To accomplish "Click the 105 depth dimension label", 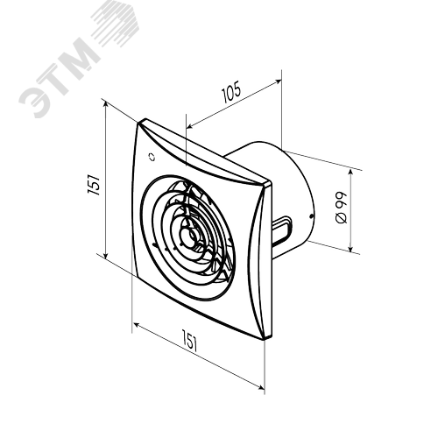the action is click(232, 92).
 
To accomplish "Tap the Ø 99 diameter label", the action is click(342, 208).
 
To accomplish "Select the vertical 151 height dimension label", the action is click(94, 185).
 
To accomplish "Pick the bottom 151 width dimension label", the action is click(190, 340).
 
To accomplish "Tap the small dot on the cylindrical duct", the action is click(311, 216).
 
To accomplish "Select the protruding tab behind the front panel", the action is click(281, 230).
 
